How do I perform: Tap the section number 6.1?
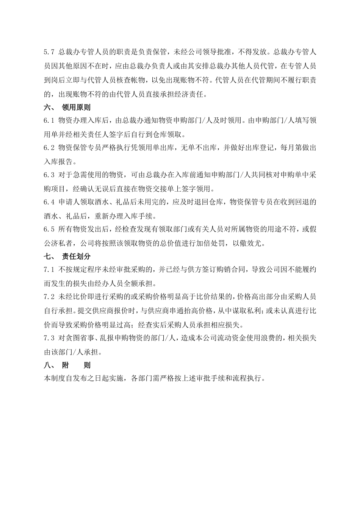[x=50, y=120]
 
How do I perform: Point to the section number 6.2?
[x=50, y=148]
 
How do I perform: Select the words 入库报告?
[x=58, y=162]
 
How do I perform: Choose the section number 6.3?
[x=50, y=175]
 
